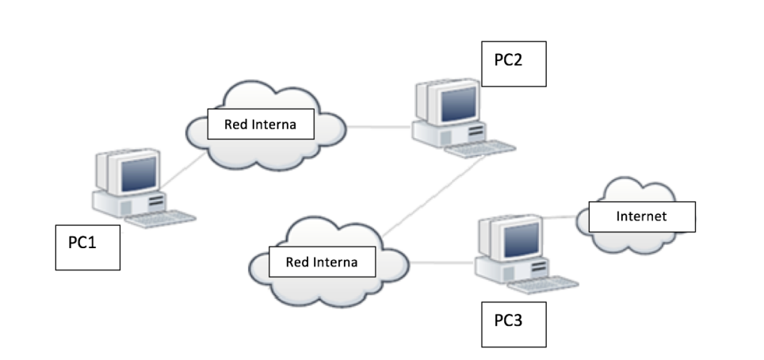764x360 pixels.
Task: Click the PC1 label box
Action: click(88, 247)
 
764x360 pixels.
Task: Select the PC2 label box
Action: click(514, 63)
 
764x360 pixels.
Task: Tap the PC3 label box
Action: click(513, 324)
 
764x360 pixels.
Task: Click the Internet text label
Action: click(642, 216)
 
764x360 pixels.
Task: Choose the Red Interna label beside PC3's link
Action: click(321, 261)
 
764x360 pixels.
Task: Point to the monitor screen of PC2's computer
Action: click(457, 102)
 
